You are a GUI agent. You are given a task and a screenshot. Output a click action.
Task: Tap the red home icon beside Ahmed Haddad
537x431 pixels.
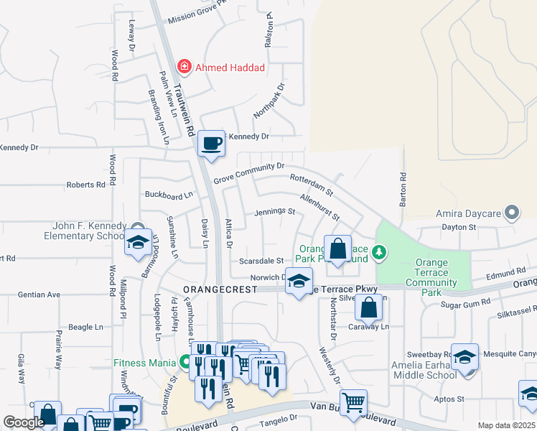185,67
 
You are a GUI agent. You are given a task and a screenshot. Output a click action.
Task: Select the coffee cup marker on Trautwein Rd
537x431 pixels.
211,144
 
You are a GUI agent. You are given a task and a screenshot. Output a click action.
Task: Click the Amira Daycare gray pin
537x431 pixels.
511,213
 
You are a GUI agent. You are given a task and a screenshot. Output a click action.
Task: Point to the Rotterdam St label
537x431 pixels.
312,185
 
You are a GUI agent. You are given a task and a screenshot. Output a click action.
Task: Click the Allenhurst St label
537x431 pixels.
319,207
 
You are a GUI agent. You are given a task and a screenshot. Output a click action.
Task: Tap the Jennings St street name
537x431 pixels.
274,212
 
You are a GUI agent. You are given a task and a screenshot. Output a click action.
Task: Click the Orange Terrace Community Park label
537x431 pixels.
431,273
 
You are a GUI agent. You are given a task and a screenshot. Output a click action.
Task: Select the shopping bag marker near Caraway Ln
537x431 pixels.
368,307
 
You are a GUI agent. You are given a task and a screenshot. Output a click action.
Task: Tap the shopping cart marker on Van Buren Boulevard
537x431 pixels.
353,403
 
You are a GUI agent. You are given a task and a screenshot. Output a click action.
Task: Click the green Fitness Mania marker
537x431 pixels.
185,362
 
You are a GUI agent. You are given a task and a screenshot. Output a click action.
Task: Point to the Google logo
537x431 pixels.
24,422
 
